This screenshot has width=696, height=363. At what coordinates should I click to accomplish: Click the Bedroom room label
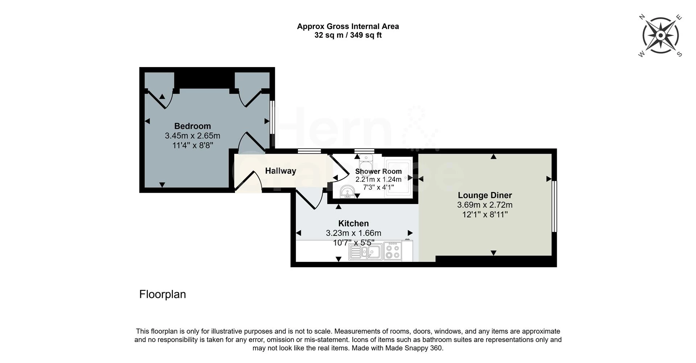point(192,126)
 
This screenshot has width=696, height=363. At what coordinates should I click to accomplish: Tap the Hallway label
point(281,171)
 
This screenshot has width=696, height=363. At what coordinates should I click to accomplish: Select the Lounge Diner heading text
point(485,195)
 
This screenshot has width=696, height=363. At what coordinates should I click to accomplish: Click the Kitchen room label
point(353,224)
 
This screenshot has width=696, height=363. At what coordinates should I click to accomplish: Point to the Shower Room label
point(378,171)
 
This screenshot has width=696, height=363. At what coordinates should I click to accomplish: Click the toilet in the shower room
point(366,161)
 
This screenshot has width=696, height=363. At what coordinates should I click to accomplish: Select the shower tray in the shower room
point(398,178)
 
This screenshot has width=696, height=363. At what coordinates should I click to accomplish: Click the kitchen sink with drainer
point(365,251)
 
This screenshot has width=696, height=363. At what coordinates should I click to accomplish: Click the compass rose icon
point(660,36)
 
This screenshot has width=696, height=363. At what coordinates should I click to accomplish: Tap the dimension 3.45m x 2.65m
point(192,136)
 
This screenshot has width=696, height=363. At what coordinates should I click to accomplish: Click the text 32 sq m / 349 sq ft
point(348,35)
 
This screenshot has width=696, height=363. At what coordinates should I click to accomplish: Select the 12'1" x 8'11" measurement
point(485,214)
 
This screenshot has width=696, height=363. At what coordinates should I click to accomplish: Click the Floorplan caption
point(162,294)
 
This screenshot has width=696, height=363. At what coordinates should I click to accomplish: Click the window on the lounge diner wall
point(554,206)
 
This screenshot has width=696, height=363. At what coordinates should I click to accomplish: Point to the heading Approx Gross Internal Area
point(348,26)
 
